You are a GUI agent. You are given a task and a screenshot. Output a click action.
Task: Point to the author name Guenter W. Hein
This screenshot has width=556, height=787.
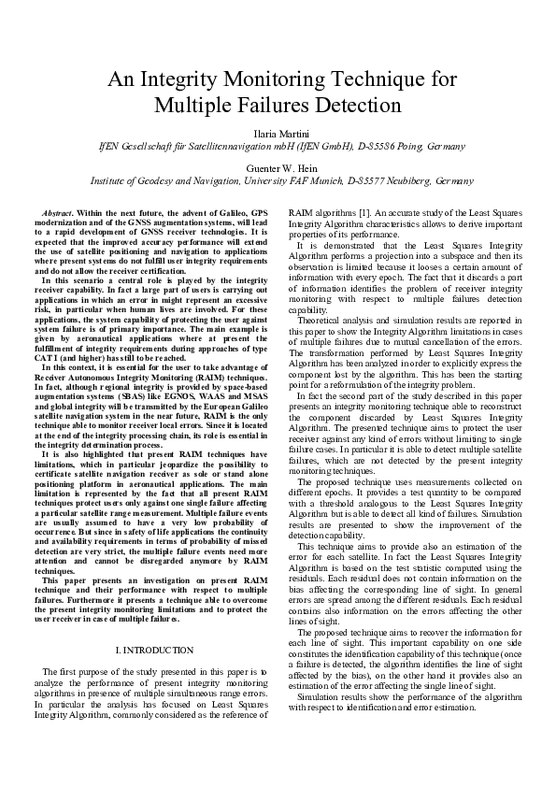[278, 166]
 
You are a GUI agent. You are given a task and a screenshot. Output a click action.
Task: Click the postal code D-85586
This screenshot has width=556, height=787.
[372, 146]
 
